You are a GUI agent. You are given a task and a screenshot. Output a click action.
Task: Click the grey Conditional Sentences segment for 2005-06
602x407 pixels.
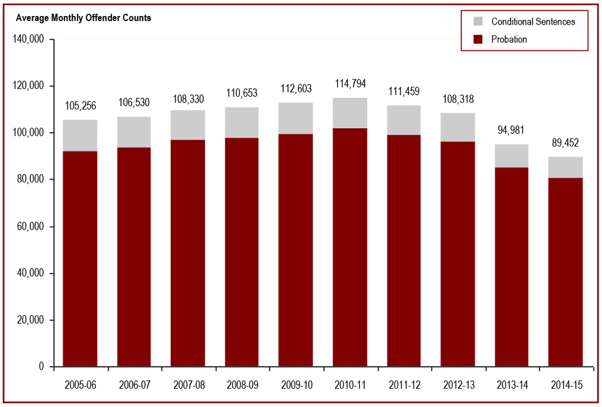tap(80, 136)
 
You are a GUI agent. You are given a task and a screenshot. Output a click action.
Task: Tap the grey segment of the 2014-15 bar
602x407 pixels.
tap(565, 167)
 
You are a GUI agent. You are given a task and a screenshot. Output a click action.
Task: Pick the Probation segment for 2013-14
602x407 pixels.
tap(511, 267)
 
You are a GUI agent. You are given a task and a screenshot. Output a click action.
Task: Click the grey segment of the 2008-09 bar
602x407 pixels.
tap(242, 123)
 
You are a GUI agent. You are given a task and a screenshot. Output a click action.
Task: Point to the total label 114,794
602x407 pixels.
tap(350, 84)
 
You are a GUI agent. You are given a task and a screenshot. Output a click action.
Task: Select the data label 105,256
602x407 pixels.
tap(80, 105)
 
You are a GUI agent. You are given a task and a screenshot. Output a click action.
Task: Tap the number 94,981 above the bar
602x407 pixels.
tap(511, 131)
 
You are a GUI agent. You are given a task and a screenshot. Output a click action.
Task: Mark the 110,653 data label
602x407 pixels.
tap(242, 93)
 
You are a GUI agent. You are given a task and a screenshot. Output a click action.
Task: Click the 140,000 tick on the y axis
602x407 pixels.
tap(29, 39)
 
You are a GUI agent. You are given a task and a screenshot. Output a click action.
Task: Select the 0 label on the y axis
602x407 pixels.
tap(42, 367)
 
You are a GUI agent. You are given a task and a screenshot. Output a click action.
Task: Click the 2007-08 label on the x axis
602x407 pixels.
tap(188, 385)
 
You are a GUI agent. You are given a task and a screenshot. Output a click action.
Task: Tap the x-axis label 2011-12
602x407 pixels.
tap(404, 385)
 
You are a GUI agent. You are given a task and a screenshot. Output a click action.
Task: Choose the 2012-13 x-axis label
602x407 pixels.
tap(458, 385)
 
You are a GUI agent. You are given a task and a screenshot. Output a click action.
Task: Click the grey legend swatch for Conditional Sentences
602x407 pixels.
tap(479, 22)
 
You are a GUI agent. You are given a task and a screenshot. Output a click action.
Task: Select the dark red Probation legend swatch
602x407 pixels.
tap(479, 39)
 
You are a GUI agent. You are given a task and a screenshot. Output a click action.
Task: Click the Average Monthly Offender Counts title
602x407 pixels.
tap(83, 18)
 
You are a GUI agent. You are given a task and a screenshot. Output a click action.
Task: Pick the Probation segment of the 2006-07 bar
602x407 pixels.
tap(134, 257)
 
